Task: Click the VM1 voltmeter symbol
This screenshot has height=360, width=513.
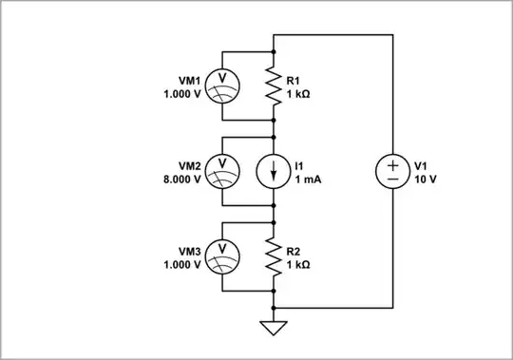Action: (x=222, y=85)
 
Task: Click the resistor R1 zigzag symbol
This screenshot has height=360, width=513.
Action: (x=274, y=85)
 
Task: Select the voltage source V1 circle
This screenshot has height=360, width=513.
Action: (x=392, y=171)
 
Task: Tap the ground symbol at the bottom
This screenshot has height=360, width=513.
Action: (x=274, y=329)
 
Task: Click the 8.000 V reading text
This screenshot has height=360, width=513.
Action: (x=182, y=179)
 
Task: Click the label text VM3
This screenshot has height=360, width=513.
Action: (x=189, y=251)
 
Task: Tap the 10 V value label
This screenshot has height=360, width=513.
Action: (x=425, y=179)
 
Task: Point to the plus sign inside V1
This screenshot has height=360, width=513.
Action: (x=392, y=163)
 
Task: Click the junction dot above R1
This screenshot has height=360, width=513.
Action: (x=274, y=50)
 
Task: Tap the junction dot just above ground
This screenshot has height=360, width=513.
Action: (x=274, y=308)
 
